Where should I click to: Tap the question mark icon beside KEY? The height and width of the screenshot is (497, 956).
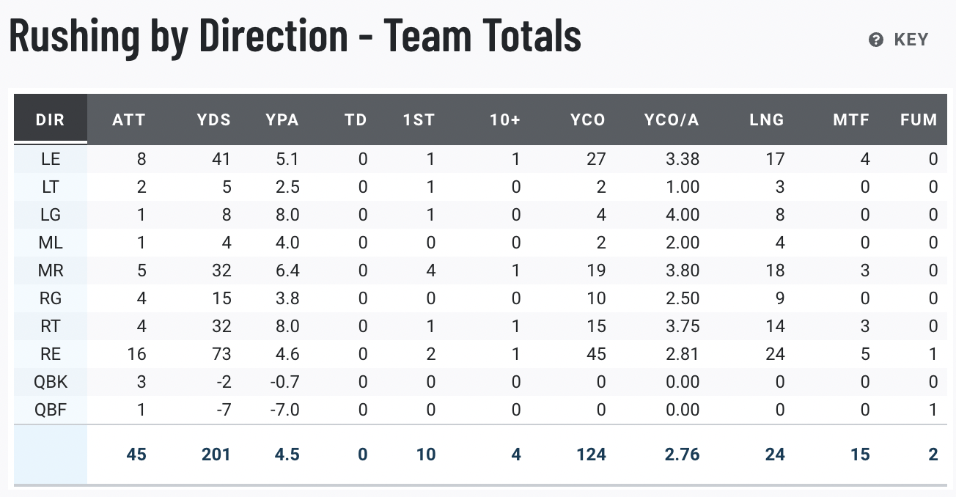[876, 40]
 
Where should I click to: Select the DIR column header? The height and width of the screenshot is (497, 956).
[51, 119]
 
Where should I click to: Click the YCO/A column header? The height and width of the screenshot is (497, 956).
[671, 119]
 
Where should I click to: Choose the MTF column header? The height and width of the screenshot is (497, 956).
[851, 119]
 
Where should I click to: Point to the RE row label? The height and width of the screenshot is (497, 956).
[51, 354]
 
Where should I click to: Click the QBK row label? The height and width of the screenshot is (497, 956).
[51, 382]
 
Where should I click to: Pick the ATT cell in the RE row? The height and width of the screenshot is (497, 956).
[136, 354]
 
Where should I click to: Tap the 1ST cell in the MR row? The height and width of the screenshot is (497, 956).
[430, 270]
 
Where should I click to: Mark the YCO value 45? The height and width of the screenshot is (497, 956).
[596, 354]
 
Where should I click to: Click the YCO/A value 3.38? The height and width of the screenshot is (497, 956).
[683, 159]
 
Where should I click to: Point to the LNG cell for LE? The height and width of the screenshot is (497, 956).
[775, 159]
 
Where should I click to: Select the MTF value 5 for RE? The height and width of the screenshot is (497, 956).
[865, 354]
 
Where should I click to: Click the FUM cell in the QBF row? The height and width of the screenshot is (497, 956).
[933, 410]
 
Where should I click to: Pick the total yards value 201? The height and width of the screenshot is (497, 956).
[216, 454]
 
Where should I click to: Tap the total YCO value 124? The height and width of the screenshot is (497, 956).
[591, 454]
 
